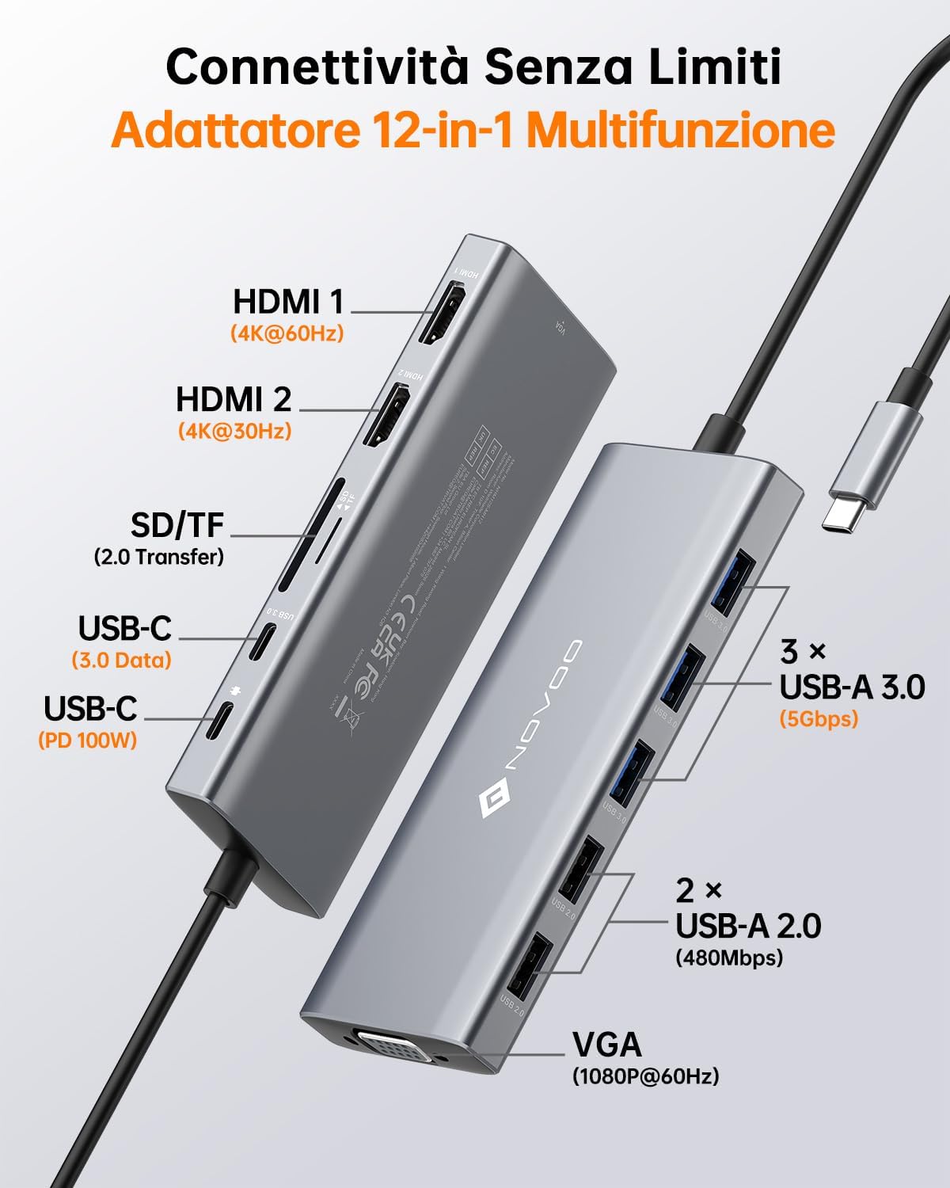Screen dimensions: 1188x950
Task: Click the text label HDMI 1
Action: point(288,302)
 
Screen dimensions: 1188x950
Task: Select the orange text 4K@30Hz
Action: point(234,431)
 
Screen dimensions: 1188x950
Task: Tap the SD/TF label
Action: point(177,524)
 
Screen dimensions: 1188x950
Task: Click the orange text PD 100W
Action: point(87,741)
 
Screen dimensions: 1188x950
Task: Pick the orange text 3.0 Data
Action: point(121,660)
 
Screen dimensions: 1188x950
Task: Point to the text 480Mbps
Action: point(728,958)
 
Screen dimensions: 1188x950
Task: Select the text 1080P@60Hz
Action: point(645,1076)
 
